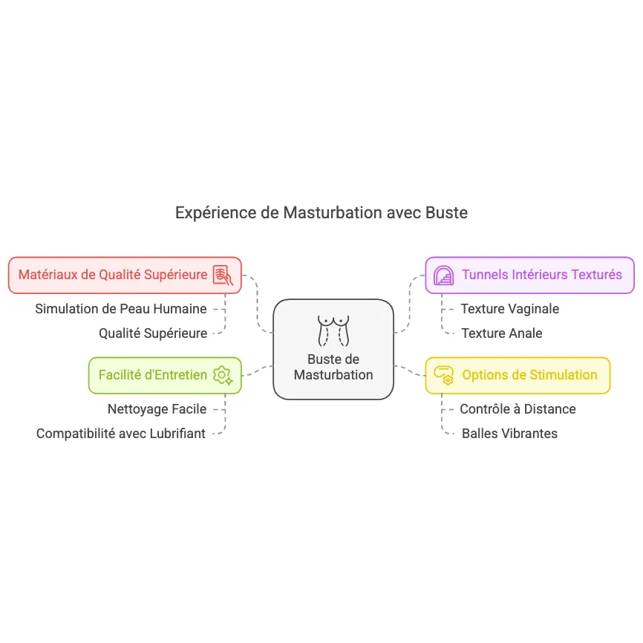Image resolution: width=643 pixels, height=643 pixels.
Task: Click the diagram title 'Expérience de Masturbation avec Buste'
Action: (x=321, y=213)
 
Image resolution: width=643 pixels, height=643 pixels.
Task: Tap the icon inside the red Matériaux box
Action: (x=223, y=275)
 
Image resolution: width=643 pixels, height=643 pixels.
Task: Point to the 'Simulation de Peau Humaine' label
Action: (x=121, y=309)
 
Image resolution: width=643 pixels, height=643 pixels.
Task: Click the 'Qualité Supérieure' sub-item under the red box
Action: (x=153, y=333)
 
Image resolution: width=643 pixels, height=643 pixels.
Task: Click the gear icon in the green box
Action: (x=222, y=375)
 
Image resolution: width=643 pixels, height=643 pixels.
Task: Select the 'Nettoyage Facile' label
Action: (x=157, y=408)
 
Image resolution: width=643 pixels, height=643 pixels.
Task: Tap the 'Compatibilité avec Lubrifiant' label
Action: (x=121, y=434)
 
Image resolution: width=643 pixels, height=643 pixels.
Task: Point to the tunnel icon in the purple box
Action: (x=444, y=275)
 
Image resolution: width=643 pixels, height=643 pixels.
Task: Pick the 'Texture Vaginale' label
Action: (x=509, y=309)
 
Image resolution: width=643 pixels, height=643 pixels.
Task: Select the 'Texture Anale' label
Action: (x=501, y=333)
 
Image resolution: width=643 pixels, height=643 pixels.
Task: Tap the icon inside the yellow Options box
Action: (x=444, y=375)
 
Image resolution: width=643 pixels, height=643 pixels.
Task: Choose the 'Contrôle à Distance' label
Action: (x=518, y=409)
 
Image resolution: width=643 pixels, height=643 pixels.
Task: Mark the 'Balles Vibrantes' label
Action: (x=509, y=434)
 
